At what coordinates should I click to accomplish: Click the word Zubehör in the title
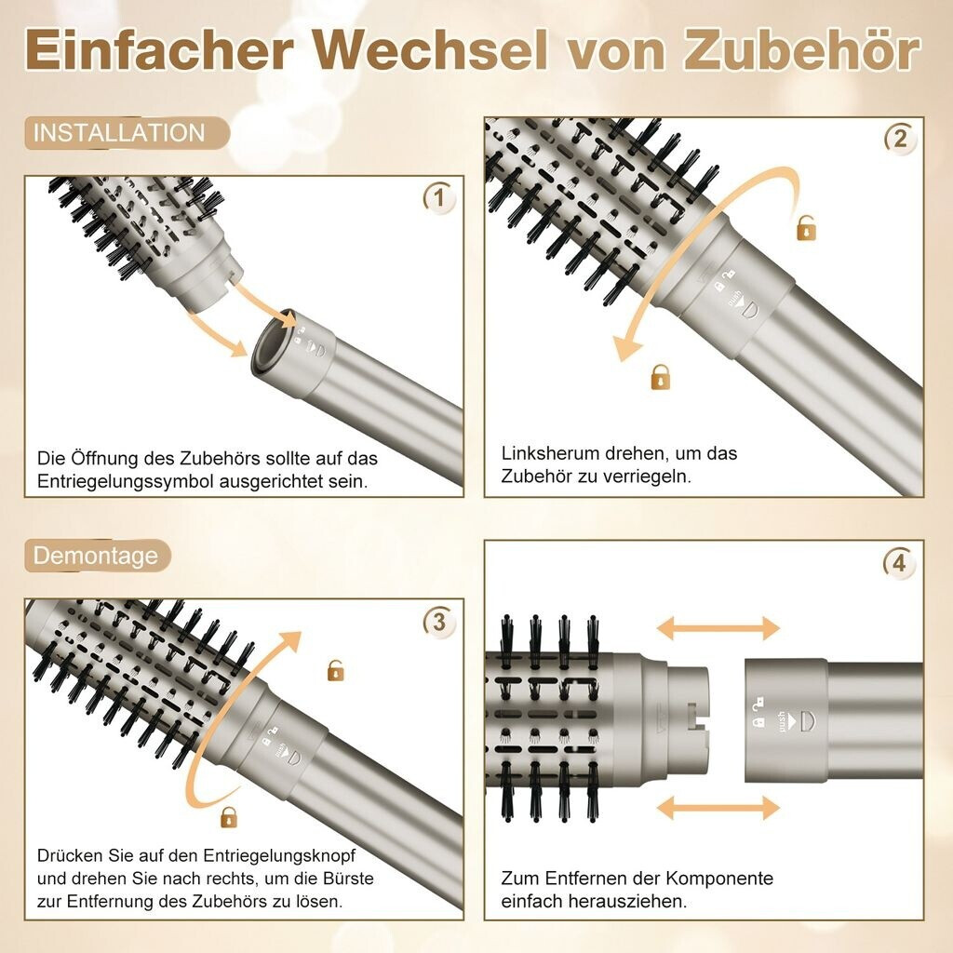[x=802, y=50]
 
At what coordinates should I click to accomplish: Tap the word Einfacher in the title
[x=160, y=50]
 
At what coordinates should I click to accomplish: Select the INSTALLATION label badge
[x=127, y=133]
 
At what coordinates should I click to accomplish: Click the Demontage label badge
[x=97, y=556]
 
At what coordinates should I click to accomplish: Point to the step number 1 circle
[x=439, y=197]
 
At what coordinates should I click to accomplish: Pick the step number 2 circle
[x=900, y=139]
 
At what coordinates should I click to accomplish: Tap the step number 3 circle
[x=439, y=622]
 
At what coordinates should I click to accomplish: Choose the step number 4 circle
[x=899, y=563]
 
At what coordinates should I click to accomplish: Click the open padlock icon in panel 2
[x=806, y=228]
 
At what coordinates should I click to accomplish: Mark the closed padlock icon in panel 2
[x=661, y=377]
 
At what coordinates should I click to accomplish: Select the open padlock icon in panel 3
[x=335, y=670]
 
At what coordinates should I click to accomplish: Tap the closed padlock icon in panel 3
[x=229, y=817]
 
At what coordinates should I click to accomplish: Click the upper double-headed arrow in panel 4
[x=718, y=628]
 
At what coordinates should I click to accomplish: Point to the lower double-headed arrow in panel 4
[x=718, y=808]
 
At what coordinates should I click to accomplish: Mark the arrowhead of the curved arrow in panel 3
[x=290, y=640]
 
